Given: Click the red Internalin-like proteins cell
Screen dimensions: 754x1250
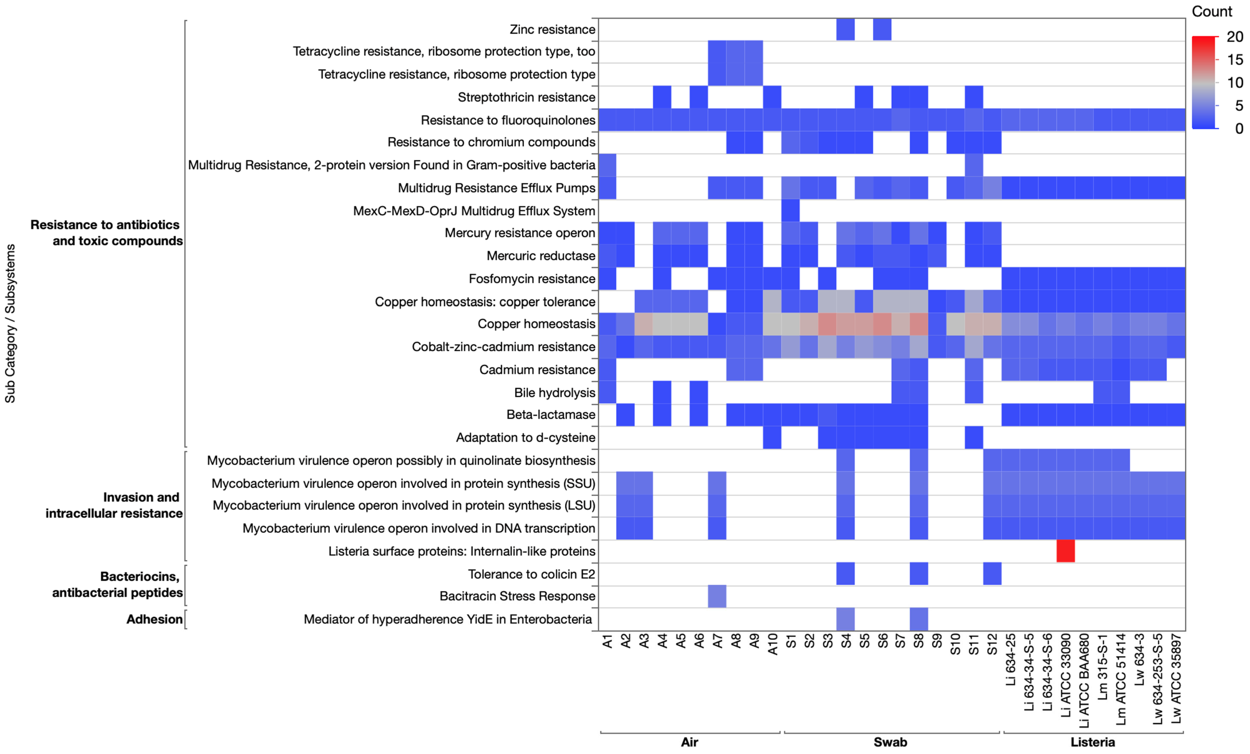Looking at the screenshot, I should (x=1065, y=551).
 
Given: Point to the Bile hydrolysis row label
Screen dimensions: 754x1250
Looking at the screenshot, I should (x=555, y=393).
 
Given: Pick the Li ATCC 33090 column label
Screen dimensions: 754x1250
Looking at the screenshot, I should (x=1066, y=675).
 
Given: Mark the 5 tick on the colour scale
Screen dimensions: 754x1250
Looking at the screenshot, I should (x=1238, y=106).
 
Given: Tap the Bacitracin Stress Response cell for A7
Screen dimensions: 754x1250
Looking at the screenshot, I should (x=717, y=596).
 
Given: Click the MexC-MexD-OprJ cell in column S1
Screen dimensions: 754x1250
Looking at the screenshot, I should (x=790, y=211).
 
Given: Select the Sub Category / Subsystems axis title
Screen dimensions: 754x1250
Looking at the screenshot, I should (x=10, y=324).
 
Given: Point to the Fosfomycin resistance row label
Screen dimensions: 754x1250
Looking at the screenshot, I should (x=532, y=279).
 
